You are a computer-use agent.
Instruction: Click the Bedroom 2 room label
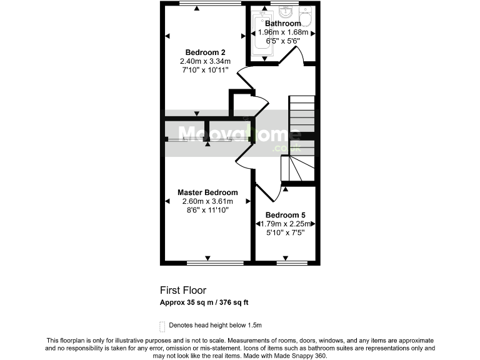tap(205, 52)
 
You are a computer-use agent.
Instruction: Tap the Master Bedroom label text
tap(207, 192)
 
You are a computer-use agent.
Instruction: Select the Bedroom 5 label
tap(285, 214)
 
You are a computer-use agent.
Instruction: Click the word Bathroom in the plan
tap(282, 24)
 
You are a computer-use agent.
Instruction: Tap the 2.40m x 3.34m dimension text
tap(205, 61)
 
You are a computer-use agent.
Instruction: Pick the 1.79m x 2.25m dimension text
tap(285, 224)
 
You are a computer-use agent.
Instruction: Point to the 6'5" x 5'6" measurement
tap(282, 41)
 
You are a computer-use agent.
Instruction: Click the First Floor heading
tap(183, 290)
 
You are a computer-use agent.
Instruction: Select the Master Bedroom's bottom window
tap(207, 262)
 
